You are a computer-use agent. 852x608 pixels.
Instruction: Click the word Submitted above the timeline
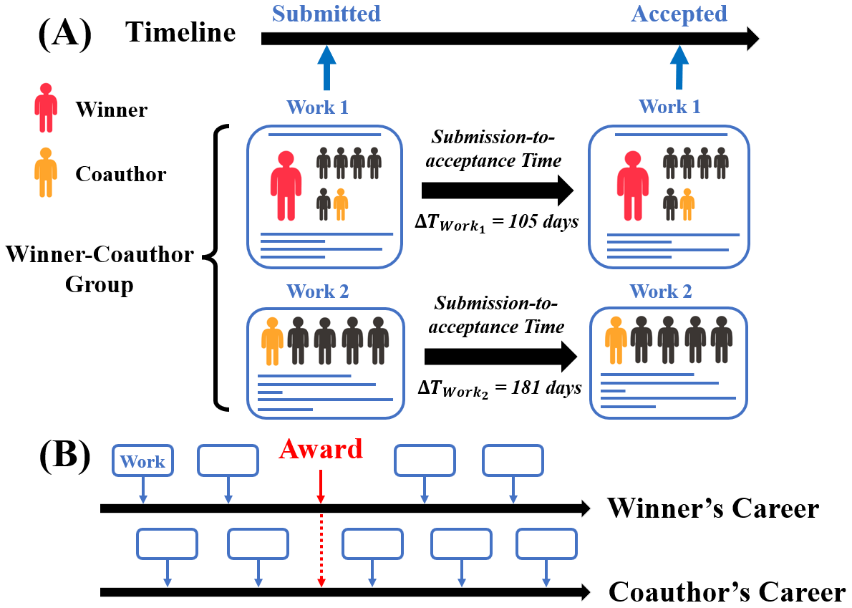click(326, 13)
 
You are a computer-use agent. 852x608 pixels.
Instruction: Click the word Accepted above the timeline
click(679, 13)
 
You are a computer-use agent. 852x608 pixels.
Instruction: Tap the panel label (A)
click(65, 32)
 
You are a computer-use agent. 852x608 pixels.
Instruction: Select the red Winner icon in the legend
click(46, 108)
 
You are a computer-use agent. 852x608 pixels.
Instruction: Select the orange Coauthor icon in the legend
click(46, 173)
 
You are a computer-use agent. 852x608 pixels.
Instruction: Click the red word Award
click(321, 449)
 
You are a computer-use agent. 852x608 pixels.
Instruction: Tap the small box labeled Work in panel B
click(143, 461)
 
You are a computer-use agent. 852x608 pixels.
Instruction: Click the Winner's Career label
click(713, 508)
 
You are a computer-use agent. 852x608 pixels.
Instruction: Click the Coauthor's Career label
click(727, 592)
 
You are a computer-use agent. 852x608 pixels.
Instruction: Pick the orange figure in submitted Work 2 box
click(272, 340)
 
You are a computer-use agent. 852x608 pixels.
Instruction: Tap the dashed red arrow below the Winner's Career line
click(321, 548)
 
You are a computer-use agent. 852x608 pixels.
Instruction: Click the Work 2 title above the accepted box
click(661, 292)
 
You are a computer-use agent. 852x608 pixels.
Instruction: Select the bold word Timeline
click(180, 32)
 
